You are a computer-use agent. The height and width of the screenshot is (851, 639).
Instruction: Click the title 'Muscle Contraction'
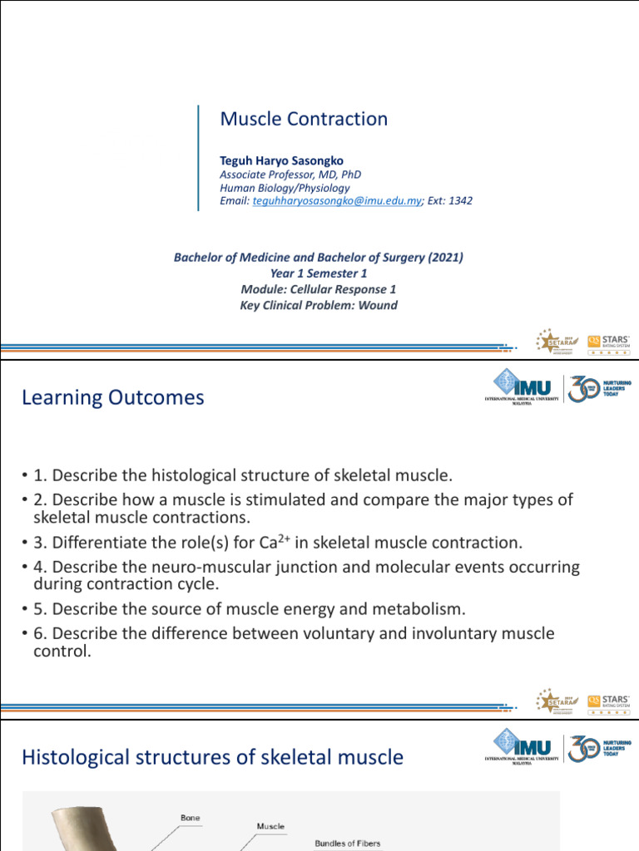pos(304,119)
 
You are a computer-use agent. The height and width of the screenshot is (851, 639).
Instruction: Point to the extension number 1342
pos(459,201)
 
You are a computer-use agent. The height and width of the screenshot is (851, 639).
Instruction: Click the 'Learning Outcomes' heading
pos(112,398)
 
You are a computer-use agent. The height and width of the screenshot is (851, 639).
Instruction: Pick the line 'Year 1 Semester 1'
pos(319,273)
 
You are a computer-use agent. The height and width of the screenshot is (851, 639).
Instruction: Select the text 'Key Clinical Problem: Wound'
pos(319,305)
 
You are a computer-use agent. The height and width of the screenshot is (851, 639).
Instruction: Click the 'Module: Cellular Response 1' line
pos(319,289)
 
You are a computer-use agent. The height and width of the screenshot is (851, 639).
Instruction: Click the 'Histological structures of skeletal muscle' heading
pos(212,757)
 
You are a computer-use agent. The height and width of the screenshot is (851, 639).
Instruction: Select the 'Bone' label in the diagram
pos(190,819)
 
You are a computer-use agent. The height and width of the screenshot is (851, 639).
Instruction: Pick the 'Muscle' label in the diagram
pos(270,826)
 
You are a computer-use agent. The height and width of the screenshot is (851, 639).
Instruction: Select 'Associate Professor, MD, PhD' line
pos(290,175)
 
